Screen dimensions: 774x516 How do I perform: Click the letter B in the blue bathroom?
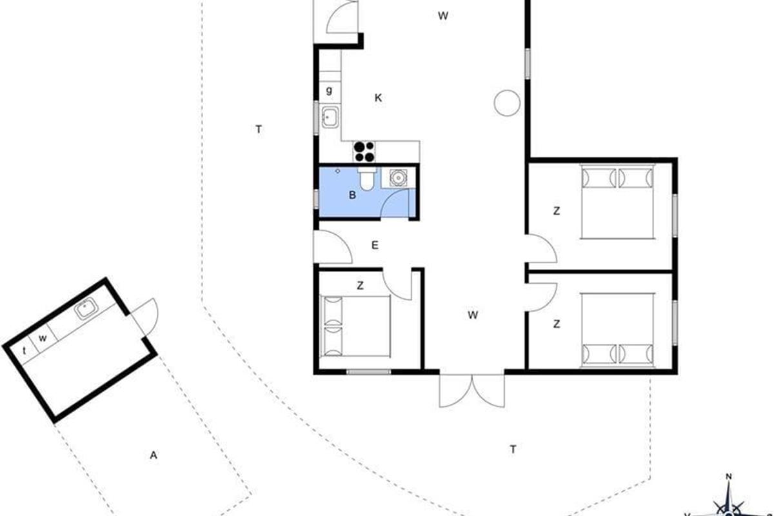[x=352, y=195]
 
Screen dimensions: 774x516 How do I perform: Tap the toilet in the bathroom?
[x=366, y=179]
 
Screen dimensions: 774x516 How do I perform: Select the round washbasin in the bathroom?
[x=398, y=177]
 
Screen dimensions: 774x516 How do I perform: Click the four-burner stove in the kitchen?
[x=364, y=152]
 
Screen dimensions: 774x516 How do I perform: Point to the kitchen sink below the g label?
[x=330, y=117]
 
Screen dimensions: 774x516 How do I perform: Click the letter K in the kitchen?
[x=378, y=98]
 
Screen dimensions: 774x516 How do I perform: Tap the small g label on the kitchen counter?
[x=329, y=90]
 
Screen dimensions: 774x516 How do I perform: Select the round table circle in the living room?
[x=507, y=103]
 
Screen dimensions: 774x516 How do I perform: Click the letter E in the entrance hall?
[x=375, y=245]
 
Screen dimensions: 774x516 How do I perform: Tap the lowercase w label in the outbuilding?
[x=43, y=338]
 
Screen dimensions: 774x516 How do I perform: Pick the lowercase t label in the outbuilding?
[x=25, y=350]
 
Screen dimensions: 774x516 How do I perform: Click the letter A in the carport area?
[x=154, y=455]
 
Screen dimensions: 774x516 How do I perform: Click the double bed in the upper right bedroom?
[x=617, y=201]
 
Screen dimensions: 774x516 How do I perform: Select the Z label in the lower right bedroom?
[x=556, y=324]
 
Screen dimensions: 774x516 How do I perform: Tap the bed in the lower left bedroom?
[x=355, y=326]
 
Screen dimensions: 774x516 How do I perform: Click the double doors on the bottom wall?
[x=471, y=390]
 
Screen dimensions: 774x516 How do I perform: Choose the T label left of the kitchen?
[x=259, y=129]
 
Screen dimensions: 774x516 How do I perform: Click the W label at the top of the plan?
[x=443, y=15]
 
